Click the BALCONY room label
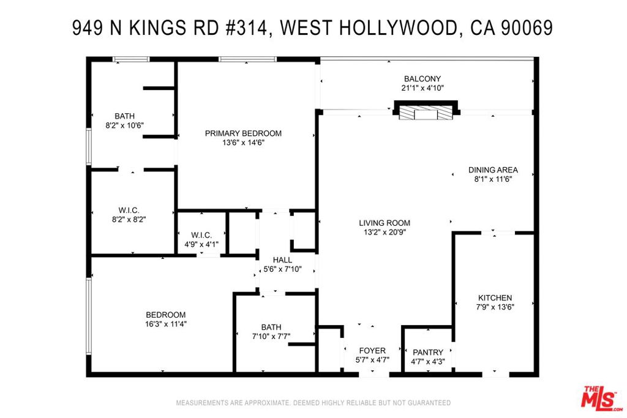tap(422, 78)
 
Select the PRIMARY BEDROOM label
tap(243, 133)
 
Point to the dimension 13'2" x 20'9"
tap(385, 232)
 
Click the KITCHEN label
tap(494, 297)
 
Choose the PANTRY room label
tap(427, 353)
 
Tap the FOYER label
tap(372, 351)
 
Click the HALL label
tap(282, 260)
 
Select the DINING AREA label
tap(493, 170)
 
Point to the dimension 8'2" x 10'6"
tap(124, 125)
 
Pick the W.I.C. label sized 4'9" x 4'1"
tap(201, 235)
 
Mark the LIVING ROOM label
tap(385, 223)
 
